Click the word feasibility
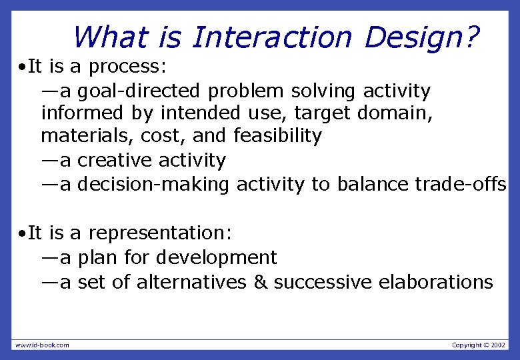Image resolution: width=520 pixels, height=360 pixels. [x=277, y=137]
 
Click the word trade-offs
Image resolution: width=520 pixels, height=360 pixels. [x=460, y=184]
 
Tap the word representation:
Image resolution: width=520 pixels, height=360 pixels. [x=160, y=233]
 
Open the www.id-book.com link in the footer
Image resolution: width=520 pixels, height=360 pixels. [x=42, y=345]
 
